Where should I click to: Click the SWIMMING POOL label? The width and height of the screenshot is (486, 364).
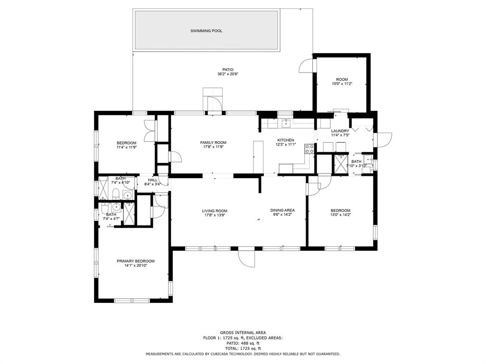coord(206,31)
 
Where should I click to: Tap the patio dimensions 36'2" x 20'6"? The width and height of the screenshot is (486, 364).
coord(228,74)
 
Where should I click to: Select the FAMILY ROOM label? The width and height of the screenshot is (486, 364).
coord(213,143)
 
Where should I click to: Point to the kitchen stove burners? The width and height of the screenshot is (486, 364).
coord(309,149)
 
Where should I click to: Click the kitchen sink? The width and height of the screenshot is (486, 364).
coord(285,123)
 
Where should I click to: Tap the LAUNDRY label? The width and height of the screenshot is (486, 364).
coord(340,131)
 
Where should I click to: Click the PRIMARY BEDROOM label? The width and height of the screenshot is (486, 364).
coord(135,261)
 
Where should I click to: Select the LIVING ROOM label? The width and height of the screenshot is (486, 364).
coord(214,211)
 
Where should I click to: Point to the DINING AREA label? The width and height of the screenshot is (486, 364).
coord(282,210)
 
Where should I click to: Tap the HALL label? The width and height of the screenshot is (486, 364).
coord(152,180)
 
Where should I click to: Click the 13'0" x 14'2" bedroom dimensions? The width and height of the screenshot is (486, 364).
coord(340,215)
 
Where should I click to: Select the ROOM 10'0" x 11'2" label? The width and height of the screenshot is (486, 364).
coord(342,82)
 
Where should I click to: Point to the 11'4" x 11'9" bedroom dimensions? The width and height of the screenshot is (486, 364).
coord(126,147)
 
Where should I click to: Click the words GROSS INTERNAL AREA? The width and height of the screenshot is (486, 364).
coord(243,333)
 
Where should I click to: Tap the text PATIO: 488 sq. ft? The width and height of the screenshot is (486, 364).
coord(243,343)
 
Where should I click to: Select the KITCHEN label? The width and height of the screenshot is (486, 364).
coord(285,140)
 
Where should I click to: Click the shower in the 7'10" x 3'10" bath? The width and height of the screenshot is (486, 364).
coord(340,164)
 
